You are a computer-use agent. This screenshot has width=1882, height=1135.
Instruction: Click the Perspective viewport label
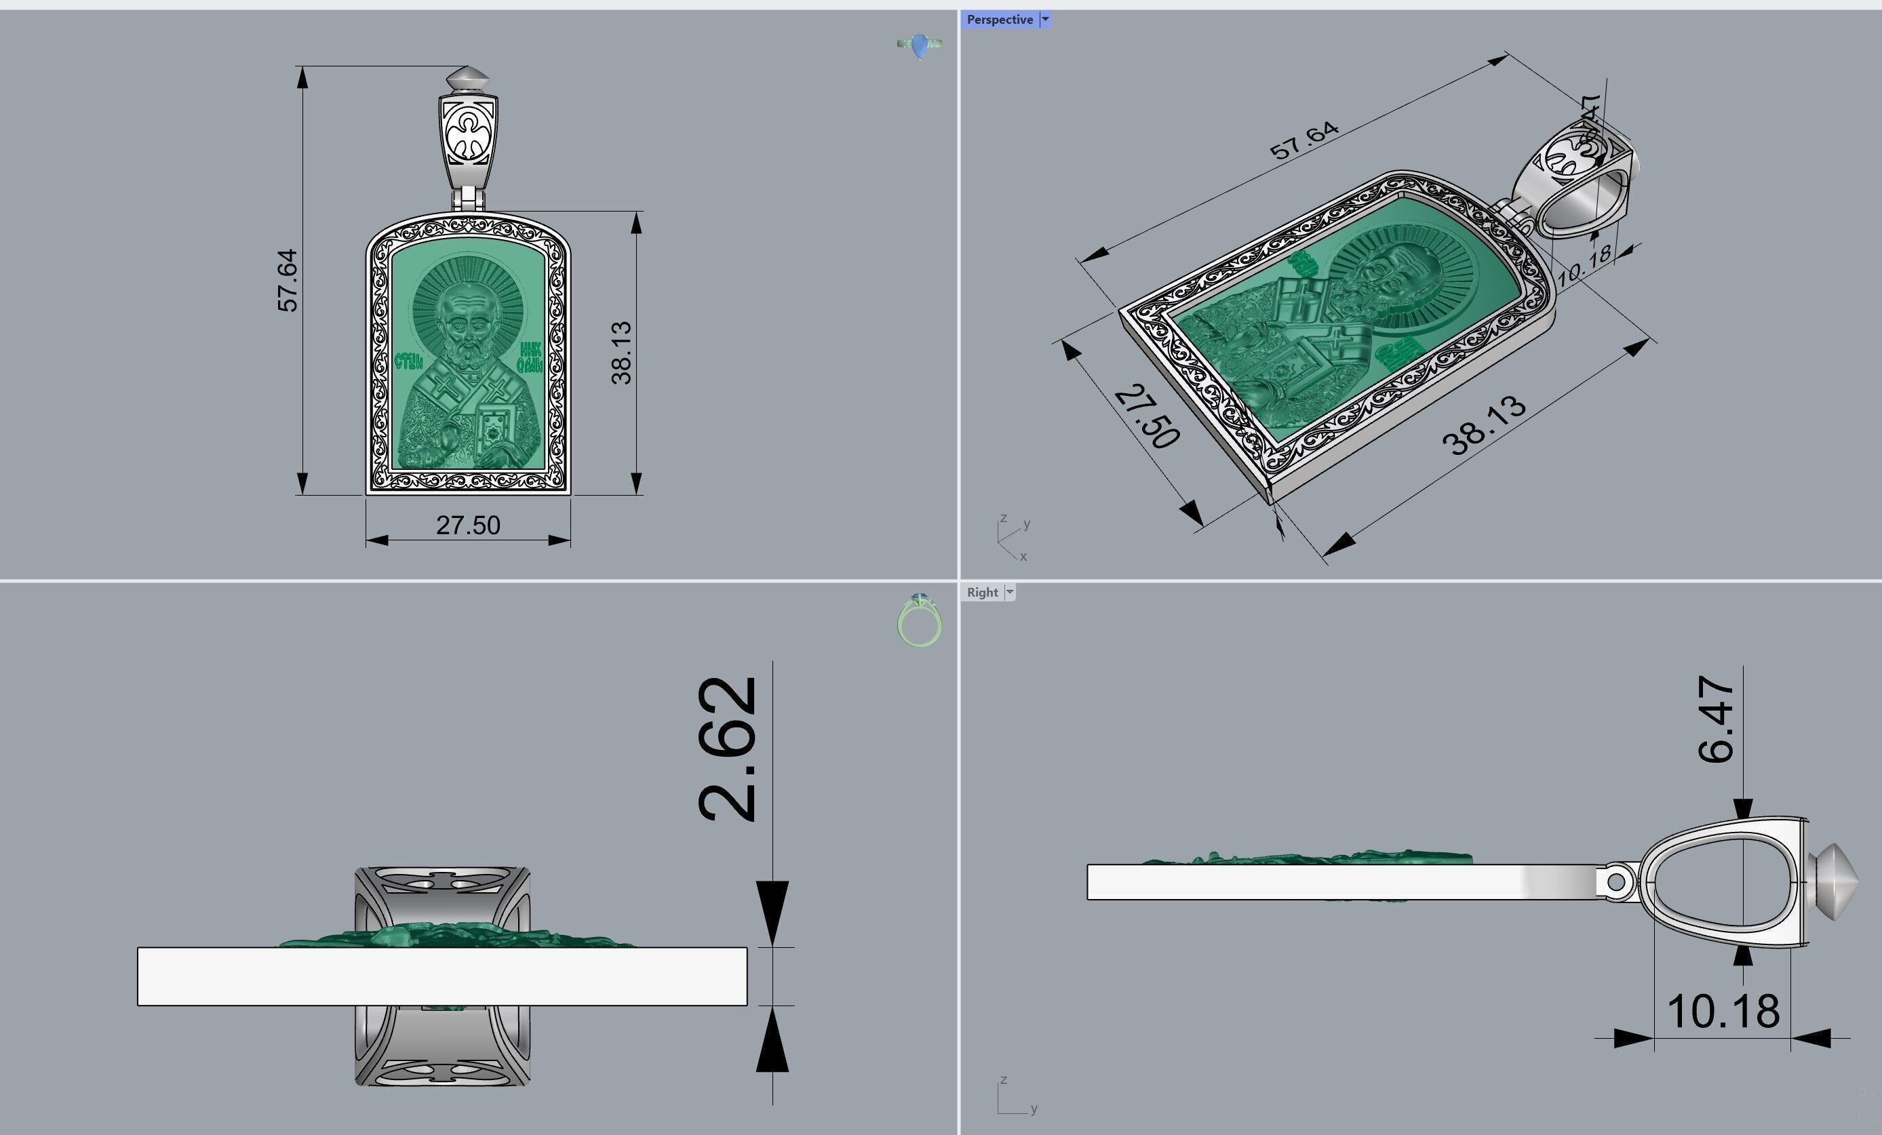point(999,20)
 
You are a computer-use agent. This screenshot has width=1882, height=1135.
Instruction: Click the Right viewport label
point(981,592)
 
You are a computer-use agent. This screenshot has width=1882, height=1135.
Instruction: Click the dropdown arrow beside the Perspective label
point(1046,20)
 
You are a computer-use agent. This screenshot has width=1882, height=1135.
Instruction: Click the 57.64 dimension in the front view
point(287,280)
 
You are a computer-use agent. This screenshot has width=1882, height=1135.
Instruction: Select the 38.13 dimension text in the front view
point(622,352)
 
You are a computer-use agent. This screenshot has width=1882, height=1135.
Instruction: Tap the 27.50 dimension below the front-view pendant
point(467,525)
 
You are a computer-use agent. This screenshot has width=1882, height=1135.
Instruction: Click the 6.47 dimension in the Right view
point(1715,719)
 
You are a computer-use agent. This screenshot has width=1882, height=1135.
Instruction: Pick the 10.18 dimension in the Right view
point(1723,1012)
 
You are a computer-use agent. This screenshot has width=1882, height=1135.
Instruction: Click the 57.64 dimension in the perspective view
point(1303,140)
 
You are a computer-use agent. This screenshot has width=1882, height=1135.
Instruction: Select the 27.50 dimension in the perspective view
point(1146,417)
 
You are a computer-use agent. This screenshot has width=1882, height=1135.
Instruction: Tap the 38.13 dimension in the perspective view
point(1483,427)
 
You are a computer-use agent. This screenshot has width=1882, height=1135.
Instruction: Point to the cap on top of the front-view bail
point(467,78)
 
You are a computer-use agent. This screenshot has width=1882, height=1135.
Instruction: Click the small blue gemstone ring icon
point(919,45)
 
